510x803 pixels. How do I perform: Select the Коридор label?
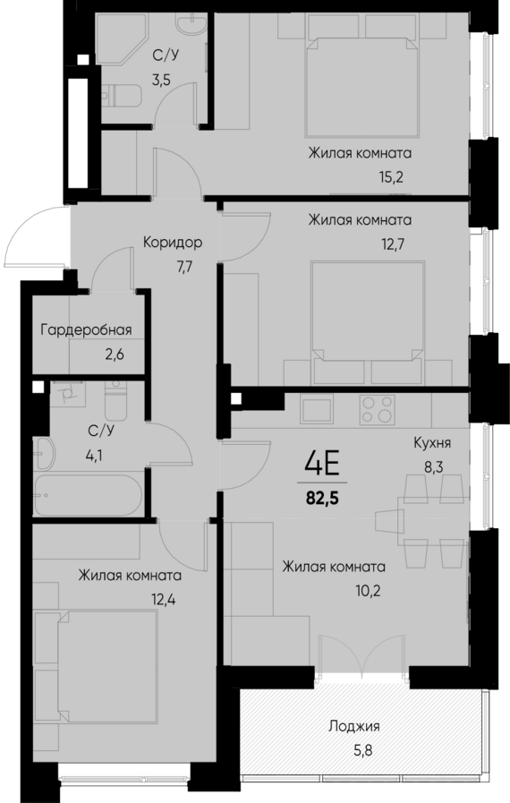click(172, 242)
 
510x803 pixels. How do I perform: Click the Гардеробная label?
click(86, 329)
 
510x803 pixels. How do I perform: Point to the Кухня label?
click(431, 442)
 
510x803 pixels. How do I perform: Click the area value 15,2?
click(391, 176)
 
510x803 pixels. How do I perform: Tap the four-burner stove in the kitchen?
click(377, 412)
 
